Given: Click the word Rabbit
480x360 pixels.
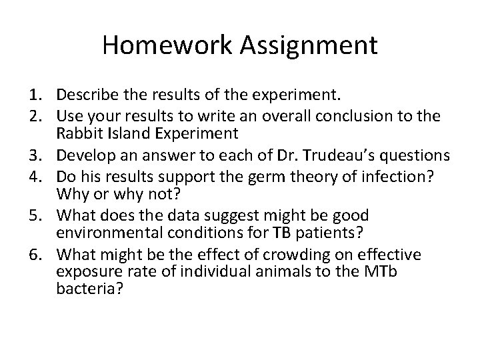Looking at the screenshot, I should click(79, 132).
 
